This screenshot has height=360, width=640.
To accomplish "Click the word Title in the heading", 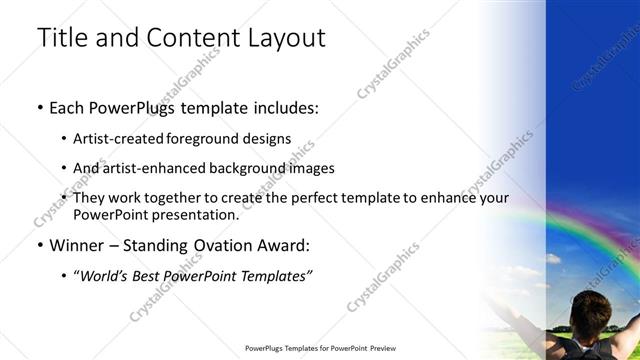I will [x=62, y=39].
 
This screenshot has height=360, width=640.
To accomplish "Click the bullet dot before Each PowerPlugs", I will [x=40, y=107].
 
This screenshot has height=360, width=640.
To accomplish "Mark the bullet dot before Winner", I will [x=40, y=245].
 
